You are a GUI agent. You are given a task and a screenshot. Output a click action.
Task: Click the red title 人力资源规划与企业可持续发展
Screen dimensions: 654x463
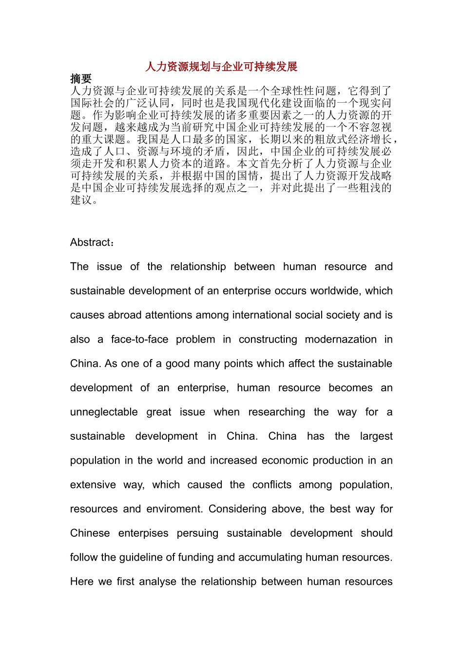(x=221, y=67)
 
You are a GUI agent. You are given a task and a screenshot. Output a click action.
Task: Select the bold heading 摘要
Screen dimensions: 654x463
(x=81, y=79)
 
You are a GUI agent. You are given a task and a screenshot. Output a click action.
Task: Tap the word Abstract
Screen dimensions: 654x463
(x=91, y=242)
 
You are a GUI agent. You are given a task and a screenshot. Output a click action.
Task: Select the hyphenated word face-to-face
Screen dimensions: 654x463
(x=139, y=340)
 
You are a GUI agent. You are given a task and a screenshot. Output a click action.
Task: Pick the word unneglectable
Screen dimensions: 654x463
(x=104, y=412)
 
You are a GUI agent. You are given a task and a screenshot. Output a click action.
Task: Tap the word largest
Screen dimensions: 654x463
(x=376, y=436)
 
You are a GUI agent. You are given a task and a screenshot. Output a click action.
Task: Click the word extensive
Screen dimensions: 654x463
(x=93, y=485)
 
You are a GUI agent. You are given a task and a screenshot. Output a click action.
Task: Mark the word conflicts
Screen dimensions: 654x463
(x=272, y=485)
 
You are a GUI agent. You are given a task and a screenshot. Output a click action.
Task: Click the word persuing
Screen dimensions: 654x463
(x=197, y=533)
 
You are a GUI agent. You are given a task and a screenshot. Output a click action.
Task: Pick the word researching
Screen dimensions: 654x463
(x=276, y=412)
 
